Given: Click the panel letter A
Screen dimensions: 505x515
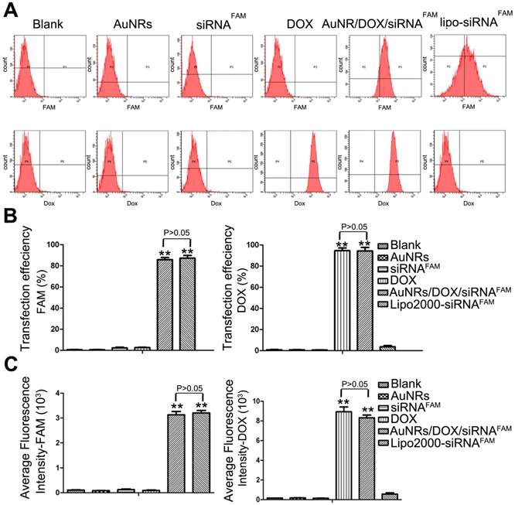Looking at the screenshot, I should pyautogui.click(x=10, y=9).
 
